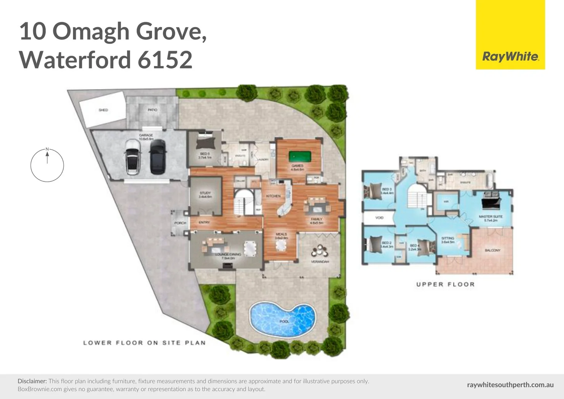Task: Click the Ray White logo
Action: (x=510, y=57)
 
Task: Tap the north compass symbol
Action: (x=47, y=165)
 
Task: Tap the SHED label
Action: (x=103, y=110)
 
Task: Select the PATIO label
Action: (x=152, y=110)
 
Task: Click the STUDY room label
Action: (x=205, y=193)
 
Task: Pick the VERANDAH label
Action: (x=320, y=262)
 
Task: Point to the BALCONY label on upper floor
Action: (x=492, y=250)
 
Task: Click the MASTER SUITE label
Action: (x=491, y=216)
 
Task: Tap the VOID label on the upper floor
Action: (x=379, y=218)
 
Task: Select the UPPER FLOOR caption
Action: (x=445, y=284)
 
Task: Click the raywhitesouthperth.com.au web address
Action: (x=510, y=385)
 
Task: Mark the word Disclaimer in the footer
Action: (x=32, y=381)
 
